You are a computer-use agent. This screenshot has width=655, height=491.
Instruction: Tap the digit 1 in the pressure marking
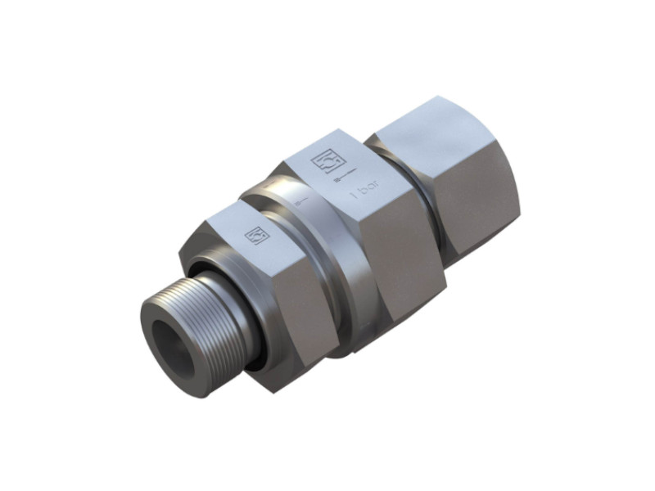(354, 199)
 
